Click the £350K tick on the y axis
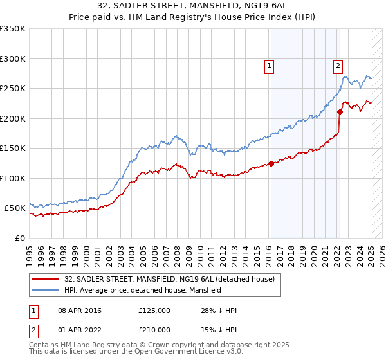pyautogui.click(x=14, y=29)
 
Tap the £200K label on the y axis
pyautogui.click(x=14, y=118)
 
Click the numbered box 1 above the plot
pyautogui.click(x=269, y=65)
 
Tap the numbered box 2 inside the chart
pyautogui.click(x=338, y=65)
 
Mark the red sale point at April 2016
pyautogui.click(x=271, y=163)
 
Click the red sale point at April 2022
pyautogui.click(x=340, y=113)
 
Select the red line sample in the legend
pyautogui.click(x=45, y=279)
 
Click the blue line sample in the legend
pyautogui.click(x=45, y=290)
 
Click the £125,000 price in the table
pyautogui.click(x=154, y=311)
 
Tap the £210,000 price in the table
pyautogui.click(x=154, y=329)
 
